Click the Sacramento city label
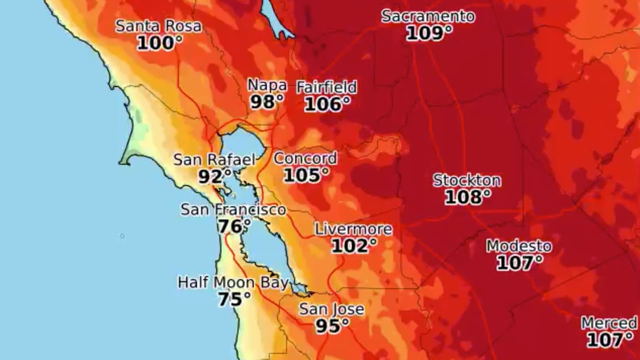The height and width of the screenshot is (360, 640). coord(428,16)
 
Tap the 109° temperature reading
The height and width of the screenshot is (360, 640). coord(429,33)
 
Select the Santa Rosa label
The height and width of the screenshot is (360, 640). coord(158,26)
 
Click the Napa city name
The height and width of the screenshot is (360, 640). coord(267,85)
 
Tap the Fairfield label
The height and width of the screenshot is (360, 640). coord(326,87)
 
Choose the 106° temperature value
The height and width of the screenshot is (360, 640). coord(327,104)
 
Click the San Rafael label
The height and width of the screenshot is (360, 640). coord(214,160)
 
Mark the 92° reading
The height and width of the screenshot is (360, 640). coord(214,176)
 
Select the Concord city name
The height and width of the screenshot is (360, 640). coord(305,158)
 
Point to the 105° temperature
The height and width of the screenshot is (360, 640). coord(306,175)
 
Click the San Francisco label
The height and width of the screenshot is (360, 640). coord(233,209)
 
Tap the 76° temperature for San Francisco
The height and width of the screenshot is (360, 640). coord(233,226)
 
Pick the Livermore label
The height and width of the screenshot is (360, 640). coord(353,229)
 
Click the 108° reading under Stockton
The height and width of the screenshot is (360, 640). coord(467,197)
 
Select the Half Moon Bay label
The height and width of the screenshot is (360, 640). coord(233,283)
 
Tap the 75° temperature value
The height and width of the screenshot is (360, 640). coord(234,299)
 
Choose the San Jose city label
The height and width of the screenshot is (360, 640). coord(331,309)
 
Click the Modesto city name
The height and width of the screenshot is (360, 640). coord(519,246)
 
